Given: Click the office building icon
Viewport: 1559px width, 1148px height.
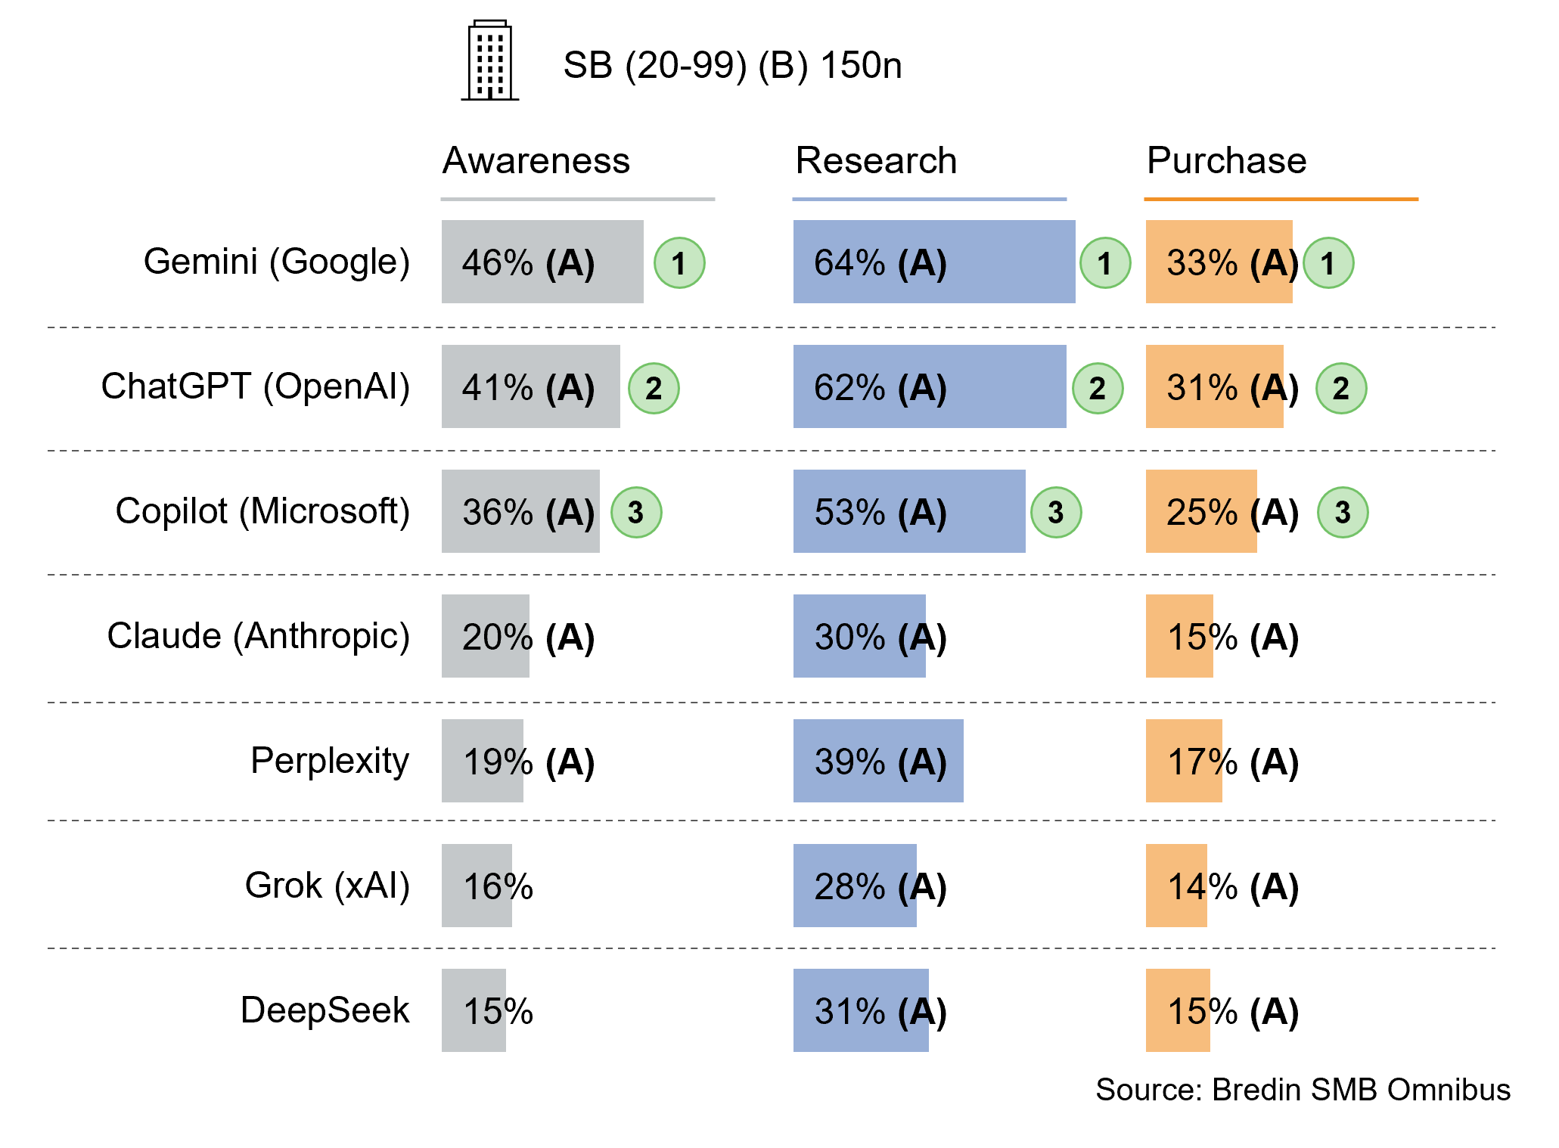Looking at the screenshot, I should tap(490, 61).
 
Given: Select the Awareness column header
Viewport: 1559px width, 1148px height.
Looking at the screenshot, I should tap(536, 160).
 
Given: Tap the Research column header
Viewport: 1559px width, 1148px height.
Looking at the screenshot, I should tap(876, 160).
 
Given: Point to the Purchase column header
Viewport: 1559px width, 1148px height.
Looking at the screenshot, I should tap(1226, 160).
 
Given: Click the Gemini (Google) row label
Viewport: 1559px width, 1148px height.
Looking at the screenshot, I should tap(277, 262).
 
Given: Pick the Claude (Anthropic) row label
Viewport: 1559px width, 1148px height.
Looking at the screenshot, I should tap(259, 635).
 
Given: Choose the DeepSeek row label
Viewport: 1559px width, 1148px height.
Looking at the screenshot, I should tap(325, 1010).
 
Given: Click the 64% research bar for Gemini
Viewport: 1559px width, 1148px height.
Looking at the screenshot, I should tap(933, 262).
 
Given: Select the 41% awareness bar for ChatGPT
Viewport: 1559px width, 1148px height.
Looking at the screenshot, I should tap(530, 386).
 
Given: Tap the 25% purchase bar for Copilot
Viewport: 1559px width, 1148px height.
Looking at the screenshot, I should tap(1200, 511).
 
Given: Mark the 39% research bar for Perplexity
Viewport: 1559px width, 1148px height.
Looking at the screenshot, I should tap(877, 760).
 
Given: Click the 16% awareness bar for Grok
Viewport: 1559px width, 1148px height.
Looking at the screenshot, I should tap(477, 885).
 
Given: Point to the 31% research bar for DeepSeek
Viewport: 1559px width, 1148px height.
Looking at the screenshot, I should tap(860, 1010).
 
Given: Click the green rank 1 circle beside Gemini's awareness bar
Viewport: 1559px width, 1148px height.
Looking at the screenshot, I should tap(679, 263).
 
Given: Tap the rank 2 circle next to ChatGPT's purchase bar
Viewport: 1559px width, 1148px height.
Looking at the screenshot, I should tap(1340, 388).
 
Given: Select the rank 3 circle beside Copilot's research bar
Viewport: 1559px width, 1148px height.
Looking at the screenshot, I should tap(1055, 512).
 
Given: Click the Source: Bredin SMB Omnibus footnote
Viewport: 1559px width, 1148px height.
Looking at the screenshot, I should tap(1302, 1090).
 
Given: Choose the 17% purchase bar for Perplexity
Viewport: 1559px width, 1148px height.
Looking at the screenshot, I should tap(1183, 760).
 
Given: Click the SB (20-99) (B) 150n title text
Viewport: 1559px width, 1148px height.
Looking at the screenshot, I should tap(731, 65).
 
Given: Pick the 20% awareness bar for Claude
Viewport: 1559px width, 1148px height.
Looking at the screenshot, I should tap(485, 635).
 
